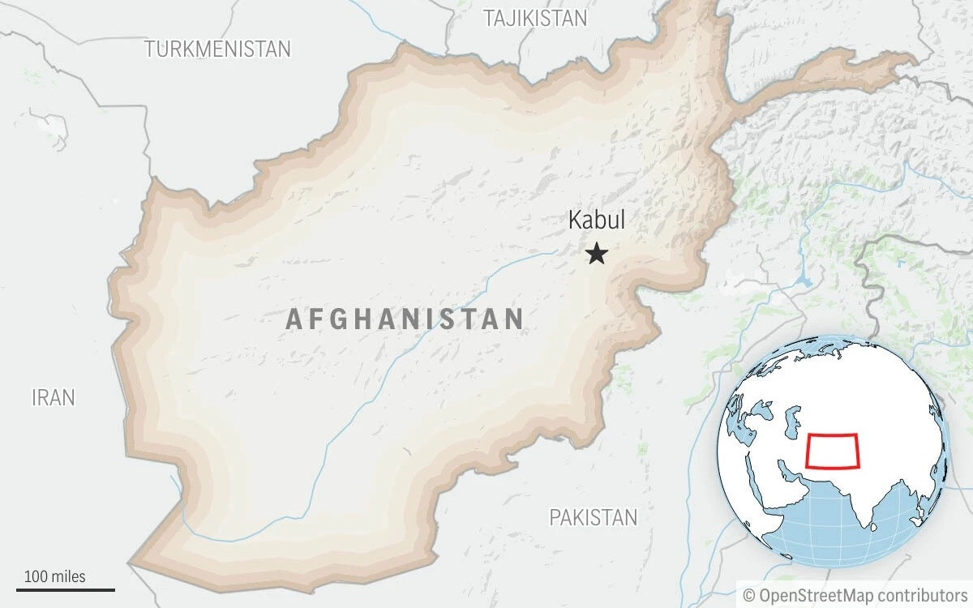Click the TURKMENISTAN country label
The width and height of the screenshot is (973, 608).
click(x=217, y=49)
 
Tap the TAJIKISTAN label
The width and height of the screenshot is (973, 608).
click(x=535, y=19)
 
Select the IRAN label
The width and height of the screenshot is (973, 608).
click(x=54, y=397)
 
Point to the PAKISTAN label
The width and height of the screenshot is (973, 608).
click(x=594, y=516)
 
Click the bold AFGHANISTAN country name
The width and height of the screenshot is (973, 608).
click(x=405, y=319)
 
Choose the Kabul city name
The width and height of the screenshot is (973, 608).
click(x=597, y=221)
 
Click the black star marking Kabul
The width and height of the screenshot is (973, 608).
click(x=598, y=255)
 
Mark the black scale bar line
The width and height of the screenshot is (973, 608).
click(x=66, y=590)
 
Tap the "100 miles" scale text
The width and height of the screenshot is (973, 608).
click(x=55, y=576)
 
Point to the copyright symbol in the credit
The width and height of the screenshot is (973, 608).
click(x=748, y=595)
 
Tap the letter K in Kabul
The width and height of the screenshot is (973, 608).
click(x=575, y=221)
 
